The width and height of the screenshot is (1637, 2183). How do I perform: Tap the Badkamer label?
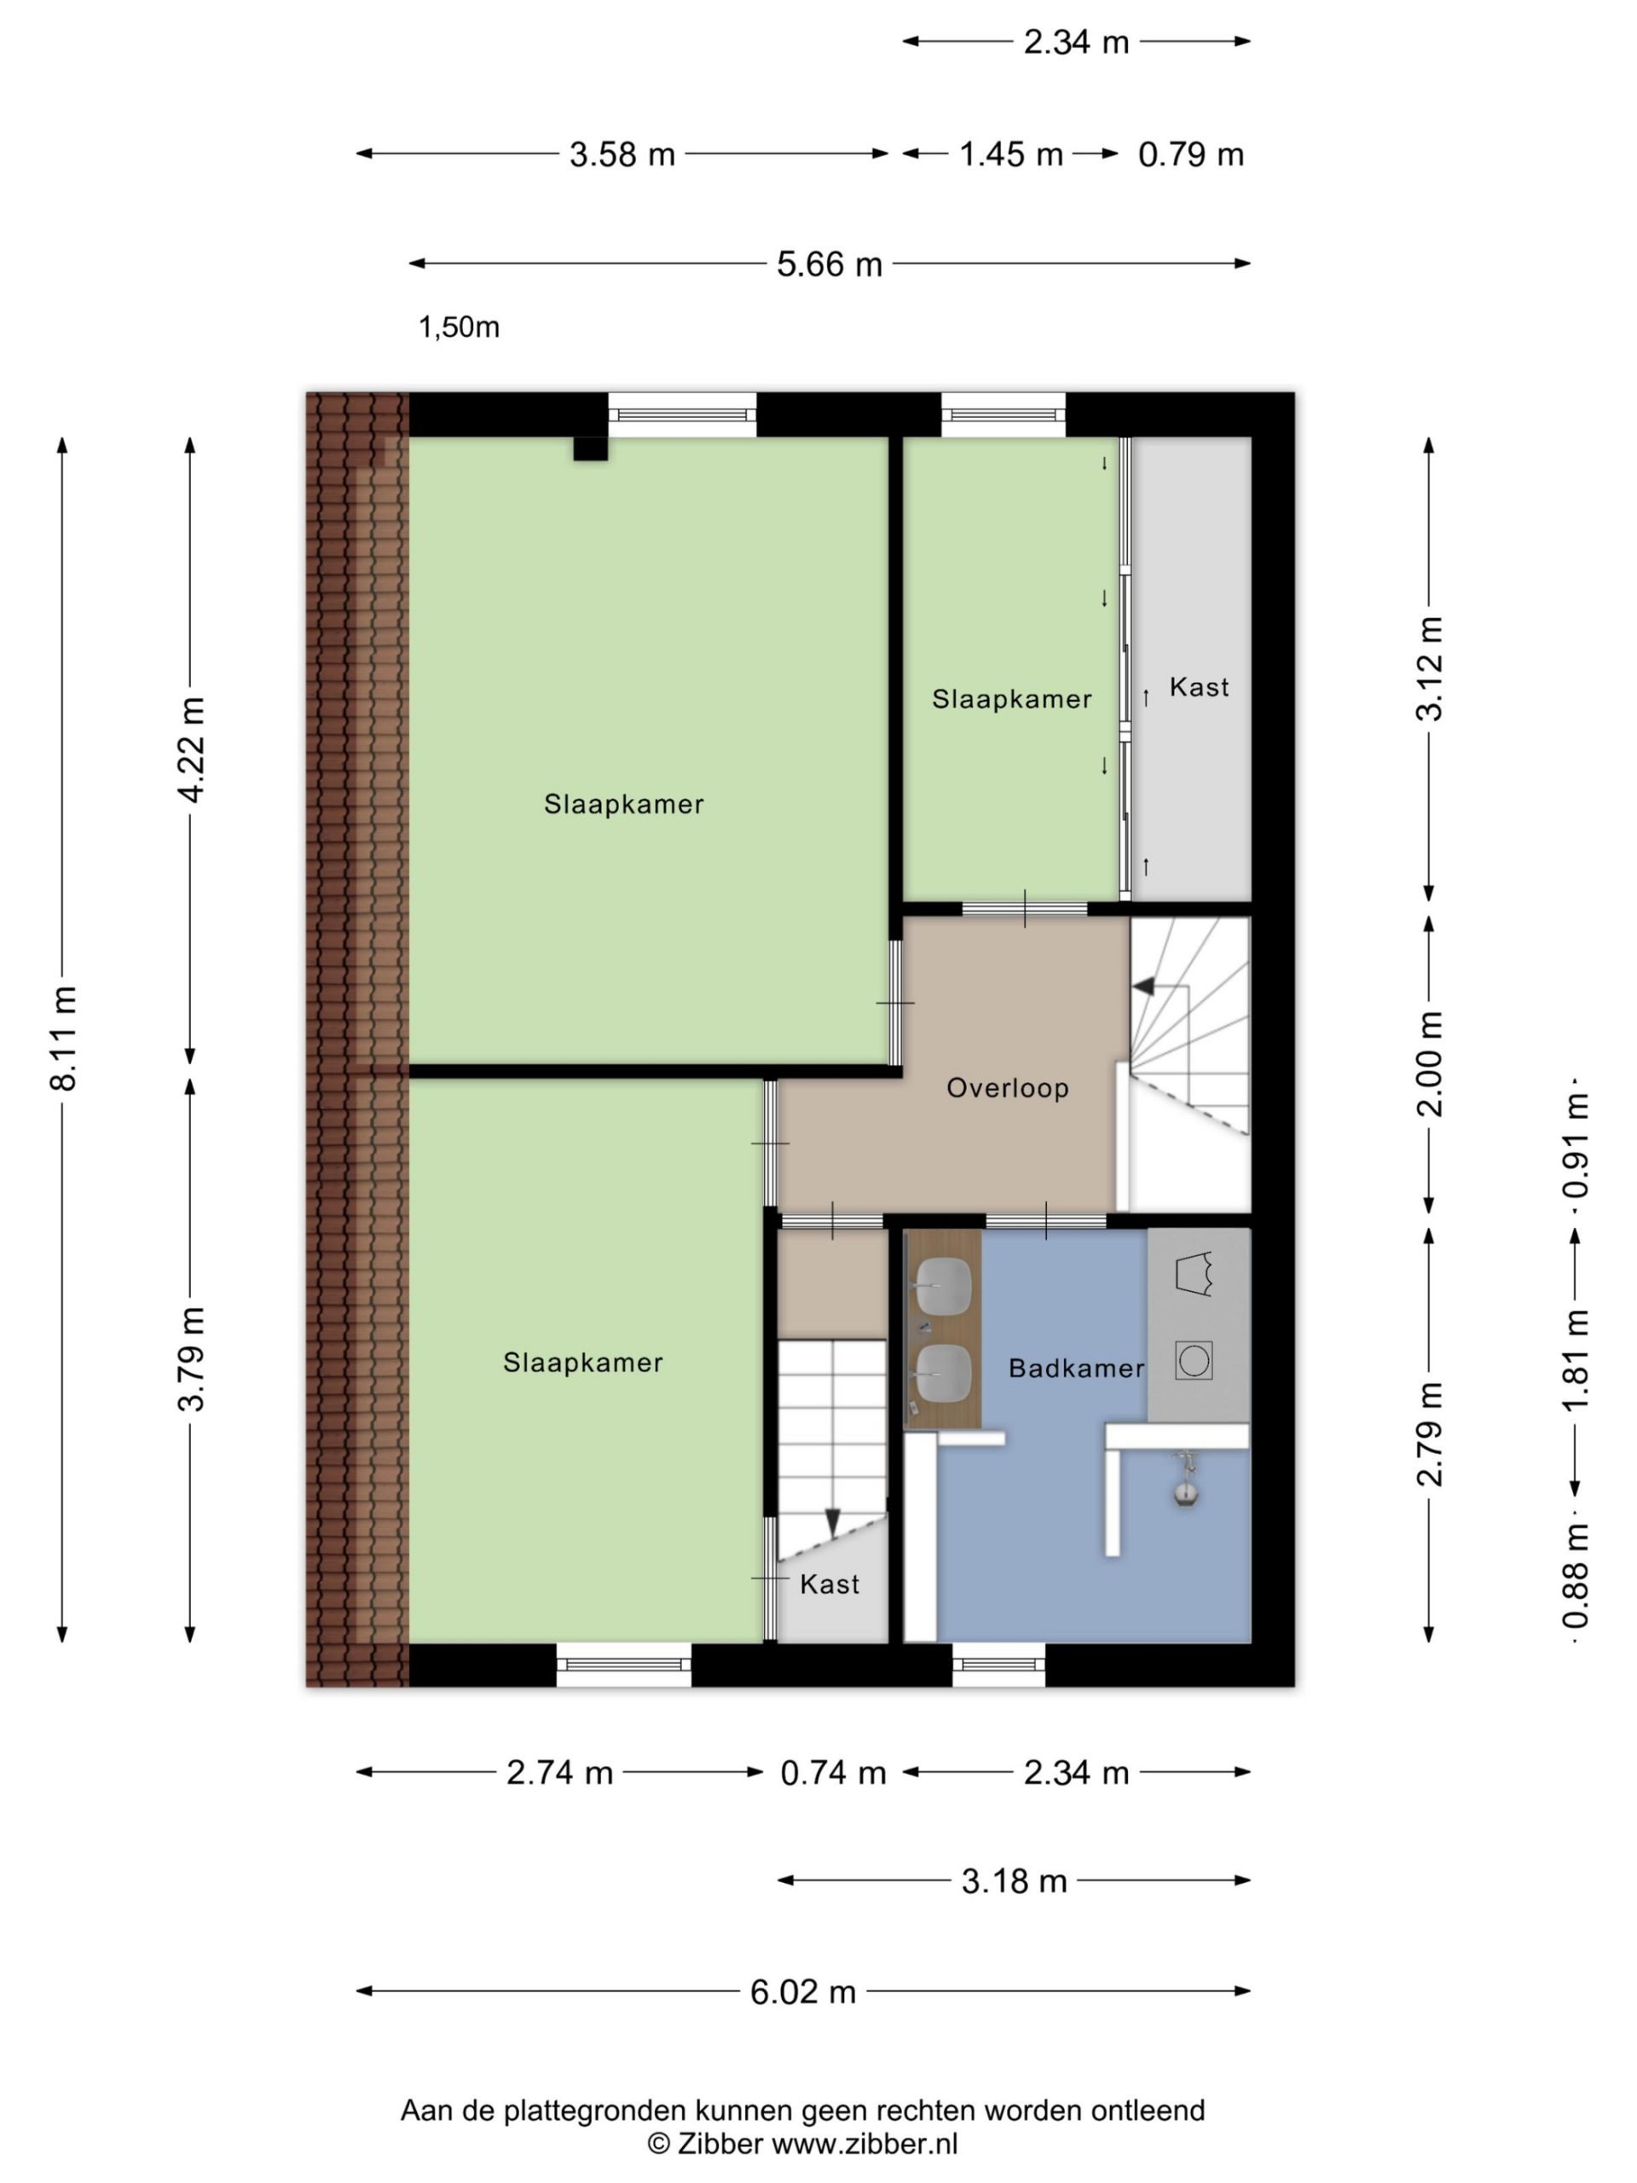1075,1368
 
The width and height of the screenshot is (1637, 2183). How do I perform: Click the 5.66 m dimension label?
829,264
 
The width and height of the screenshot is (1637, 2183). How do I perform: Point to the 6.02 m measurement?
802,1991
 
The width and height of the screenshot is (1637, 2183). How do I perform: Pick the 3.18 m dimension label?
1015,1881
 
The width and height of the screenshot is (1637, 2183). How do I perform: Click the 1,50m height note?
459,327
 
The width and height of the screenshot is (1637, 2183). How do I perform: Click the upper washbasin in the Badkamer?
943,1285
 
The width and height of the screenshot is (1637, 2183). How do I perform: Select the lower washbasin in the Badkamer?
943,1372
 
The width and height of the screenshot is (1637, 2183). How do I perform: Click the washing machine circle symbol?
1194,1360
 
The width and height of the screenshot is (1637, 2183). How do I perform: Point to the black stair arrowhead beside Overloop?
1143,985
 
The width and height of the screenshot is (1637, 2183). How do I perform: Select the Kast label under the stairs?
829,1584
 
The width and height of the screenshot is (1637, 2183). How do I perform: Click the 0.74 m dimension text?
833,1773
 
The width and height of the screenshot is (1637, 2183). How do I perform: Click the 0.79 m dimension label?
1190,155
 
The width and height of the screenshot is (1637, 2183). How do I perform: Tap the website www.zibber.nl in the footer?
865,2143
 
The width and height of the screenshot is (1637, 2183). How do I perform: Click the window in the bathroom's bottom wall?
998,1665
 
